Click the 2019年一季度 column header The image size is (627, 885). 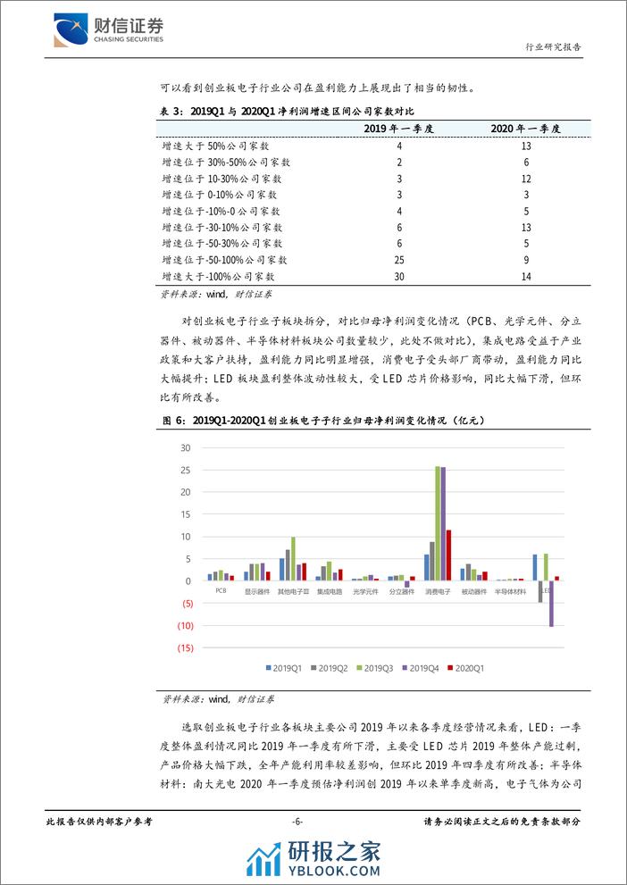click(399, 129)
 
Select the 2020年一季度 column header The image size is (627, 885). click(525, 129)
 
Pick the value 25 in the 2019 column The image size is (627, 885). click(399, 260)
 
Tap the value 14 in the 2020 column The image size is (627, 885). click(525, 277)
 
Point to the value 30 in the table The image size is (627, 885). click(399, 277)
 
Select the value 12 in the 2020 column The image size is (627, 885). click(525, 178)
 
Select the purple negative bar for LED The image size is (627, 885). click(551, 603)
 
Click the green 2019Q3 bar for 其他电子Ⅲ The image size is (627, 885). click(293, 558)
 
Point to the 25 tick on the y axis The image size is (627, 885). click(186, 470)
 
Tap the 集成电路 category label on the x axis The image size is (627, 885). click(329, 591)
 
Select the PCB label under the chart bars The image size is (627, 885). click(221, 591)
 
